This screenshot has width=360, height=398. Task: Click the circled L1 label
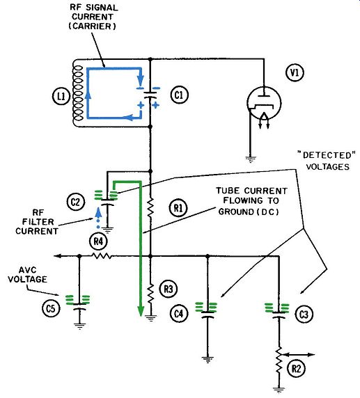[61, 97]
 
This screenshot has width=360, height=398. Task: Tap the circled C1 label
[179, 95]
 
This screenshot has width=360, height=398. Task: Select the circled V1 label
[295, 73]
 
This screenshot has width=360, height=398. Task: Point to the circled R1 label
[178, 208]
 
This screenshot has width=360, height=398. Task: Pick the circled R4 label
[99, 241]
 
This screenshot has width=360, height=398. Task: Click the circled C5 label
[51, 309]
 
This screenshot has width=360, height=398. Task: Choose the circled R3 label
[169, 289]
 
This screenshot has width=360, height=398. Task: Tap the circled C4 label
[179, 314]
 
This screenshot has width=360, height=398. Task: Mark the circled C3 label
[304, 315]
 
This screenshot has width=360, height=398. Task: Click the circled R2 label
[296, 369]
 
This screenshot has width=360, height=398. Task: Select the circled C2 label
[75, 202]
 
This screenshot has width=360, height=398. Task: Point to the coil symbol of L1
[78, 93]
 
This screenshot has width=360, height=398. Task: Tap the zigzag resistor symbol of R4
[102, 256]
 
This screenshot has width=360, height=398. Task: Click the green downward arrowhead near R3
[141, 311]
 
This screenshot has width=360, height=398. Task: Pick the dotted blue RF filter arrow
[98, 218]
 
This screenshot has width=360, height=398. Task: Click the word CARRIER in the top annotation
[93, 26]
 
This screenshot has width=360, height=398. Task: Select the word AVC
[28, 270]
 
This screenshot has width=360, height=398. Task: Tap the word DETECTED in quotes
[327, 155]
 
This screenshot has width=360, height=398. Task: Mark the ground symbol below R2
[279, 390]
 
